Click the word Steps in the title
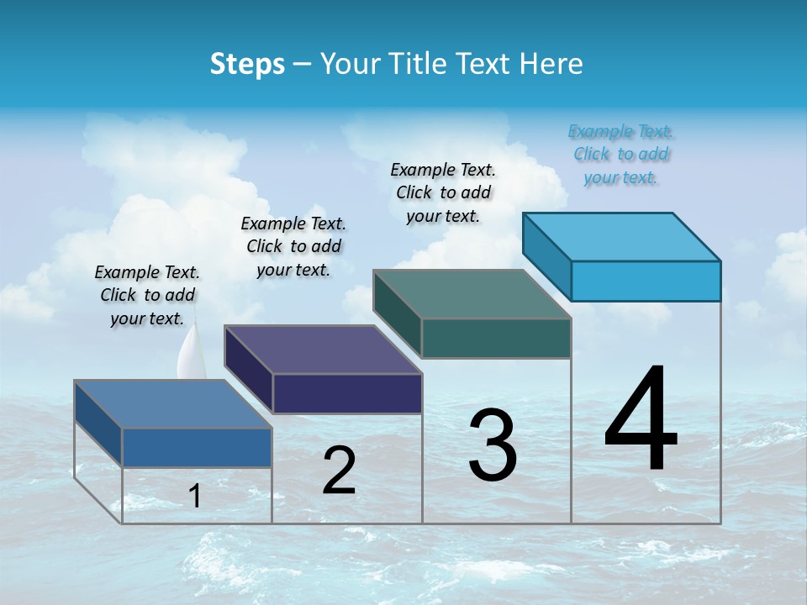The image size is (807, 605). pos(247,64)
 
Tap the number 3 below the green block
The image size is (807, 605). pos(493,445)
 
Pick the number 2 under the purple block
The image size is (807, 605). pos(339,471)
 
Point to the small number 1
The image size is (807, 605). pos(194,496)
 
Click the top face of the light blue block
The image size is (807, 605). pos(622,237)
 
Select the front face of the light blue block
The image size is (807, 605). pos(646,281)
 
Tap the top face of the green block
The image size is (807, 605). pos(472,294)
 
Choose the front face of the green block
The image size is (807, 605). pos(496,338)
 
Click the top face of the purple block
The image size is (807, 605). pos(324,350)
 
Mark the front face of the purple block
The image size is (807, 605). pos(347,393)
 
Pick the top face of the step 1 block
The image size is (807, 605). pos(173,404)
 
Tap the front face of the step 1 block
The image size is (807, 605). pos(197,447)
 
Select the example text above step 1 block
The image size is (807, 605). pos(147,295)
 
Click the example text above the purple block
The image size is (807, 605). pos(293,246)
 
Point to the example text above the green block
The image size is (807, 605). pos(443,192)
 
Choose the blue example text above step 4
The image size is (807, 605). pos(620,154)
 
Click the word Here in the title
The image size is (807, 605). pos(551,64)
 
